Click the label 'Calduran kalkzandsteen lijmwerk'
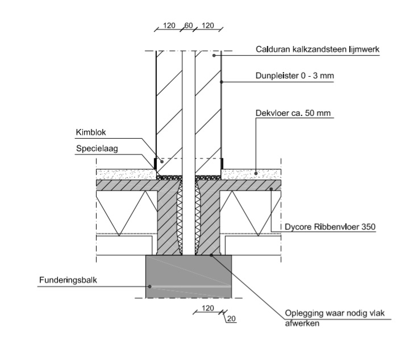point(318,49)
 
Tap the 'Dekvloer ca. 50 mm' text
point(293,113)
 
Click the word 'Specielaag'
point(94,148)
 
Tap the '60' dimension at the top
point(189,26)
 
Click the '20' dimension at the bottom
point(231,318)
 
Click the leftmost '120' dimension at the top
point(168,26)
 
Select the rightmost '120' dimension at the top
point(209,26)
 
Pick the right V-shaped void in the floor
point(253,210)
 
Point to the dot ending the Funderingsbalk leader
point(149,287)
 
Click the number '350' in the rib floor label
point(367,227)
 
